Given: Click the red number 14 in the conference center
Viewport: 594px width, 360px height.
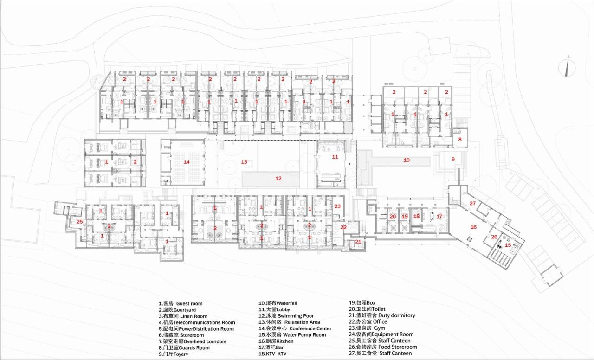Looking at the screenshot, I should pyautogui.click(x=187, y=162).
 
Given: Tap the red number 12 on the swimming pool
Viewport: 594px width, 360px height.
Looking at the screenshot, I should pyautogui.click(x=278, y=178).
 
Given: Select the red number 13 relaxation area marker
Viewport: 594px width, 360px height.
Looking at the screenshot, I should pyautogui.click(x=244, y=162).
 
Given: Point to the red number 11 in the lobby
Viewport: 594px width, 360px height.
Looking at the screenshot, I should pyautogui.click(x=335, y=157).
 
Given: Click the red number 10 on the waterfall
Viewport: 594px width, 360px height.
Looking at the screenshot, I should pyautogui.click(x=406, y=160).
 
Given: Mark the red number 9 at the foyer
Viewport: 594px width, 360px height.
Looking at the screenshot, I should pyautogui.click(x=453, y=159).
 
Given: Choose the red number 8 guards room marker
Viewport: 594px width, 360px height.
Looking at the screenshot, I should pyautogui.click(x=460, y=139).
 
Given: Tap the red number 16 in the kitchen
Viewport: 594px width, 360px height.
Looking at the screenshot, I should pyautogui.click(x=473, y=227).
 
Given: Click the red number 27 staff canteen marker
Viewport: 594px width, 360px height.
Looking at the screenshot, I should pyautogui.click(x=472, y=204).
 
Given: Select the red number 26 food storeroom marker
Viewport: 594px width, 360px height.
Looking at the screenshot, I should pyautogui.click(x=494, y=237).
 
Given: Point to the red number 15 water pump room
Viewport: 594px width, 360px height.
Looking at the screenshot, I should pyautogui.click(x=508, y=245).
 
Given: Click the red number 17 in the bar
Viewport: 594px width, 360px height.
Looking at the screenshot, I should pyautogui.click(x=439, y=216).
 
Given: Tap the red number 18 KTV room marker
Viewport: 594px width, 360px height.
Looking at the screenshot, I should pyautogui.click(x=416, y=216).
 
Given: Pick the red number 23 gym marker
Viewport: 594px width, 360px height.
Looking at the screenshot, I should pyautogui.click(x=337, y=206).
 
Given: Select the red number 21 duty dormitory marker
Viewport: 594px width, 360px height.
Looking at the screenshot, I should pyautogui.click(x=358, y=242).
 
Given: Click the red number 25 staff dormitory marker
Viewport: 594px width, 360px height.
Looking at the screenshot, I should pyautogui.click(x=79, y=222).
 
